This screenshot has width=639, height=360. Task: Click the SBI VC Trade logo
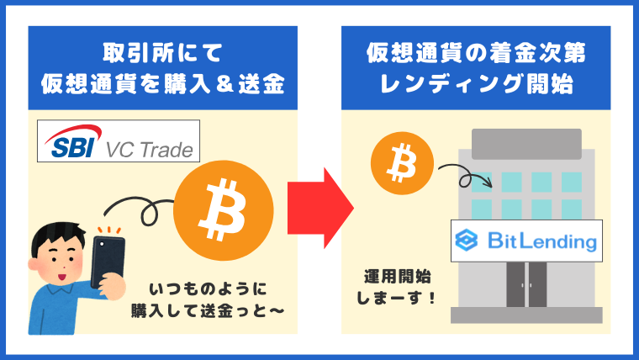click(119, 141)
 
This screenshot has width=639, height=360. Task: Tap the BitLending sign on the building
click(526, 241)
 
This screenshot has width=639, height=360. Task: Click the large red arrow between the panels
click(320, 208)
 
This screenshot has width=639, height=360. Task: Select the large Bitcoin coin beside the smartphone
click(224, 211)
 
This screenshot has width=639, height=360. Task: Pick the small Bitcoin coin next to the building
click(402, 163)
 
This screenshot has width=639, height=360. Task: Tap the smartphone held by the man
click(108, 261)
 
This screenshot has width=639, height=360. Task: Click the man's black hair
click(57, 236)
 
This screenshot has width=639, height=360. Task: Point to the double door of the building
click(526, 284)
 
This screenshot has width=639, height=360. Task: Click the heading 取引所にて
click(162, 53)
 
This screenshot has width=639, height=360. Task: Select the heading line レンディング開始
click(476, 83)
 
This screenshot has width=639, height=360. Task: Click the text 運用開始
click(398, 277)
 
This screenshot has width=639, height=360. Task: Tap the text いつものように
click(208, 289)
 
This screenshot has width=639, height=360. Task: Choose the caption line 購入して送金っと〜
click(208, 311)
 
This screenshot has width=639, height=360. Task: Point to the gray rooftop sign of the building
click(526, 144)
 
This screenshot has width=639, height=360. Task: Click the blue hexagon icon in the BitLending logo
click(467, 240)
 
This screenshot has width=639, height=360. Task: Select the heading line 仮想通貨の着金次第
click(476, 53)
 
